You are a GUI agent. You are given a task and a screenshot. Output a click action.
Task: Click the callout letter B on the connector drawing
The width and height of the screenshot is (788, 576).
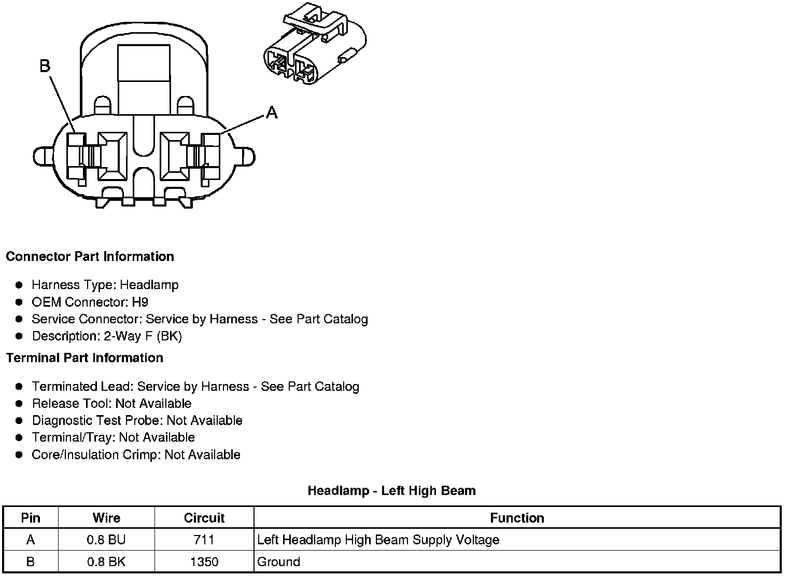(x=45, y=66)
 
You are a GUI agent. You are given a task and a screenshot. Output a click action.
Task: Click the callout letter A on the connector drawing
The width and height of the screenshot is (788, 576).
(x=272, y=112)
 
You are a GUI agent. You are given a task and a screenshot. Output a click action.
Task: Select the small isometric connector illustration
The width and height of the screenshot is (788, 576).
(x=314, y=47)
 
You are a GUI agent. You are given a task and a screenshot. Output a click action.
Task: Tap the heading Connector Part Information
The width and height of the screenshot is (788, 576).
(x=90, y=256)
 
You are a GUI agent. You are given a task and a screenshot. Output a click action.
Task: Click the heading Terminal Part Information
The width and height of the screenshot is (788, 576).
(x=85, y=358)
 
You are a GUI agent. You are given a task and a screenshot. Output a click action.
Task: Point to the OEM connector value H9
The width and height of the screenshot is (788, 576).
(x=140, y=302)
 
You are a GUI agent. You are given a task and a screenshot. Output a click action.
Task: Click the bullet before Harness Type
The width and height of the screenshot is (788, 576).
(x=19, y=285)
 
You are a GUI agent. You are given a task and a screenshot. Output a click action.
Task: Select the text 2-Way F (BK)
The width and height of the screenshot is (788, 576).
(x=143, y=336)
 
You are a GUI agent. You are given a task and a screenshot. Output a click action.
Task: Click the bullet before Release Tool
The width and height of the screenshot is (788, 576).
(x=19, y=403)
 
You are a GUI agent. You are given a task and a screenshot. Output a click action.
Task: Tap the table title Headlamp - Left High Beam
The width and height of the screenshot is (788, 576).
(x=391, y=490)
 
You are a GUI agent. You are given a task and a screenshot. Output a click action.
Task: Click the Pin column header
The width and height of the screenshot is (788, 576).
(x=31, y=518)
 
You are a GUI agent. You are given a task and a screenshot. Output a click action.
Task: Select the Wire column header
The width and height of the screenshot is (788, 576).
(x=106, y=518)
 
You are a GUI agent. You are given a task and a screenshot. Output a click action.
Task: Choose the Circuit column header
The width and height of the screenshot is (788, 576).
(x=204, y=518)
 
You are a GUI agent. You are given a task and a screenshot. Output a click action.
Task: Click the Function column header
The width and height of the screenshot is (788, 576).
(x=517, y=518)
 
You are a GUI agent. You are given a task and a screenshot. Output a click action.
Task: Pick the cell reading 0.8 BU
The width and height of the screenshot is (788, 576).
(x=106, y=540)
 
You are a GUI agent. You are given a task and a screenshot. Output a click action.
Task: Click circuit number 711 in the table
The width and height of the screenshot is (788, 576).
(x=204, y=540)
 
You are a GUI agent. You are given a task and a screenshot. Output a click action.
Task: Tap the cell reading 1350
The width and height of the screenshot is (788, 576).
(x=204, y=561)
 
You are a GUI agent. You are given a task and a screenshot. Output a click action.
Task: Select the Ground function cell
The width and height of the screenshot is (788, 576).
(x=279, y=561)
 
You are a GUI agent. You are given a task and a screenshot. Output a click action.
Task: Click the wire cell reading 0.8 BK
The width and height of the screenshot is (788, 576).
(x=106, y=561)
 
